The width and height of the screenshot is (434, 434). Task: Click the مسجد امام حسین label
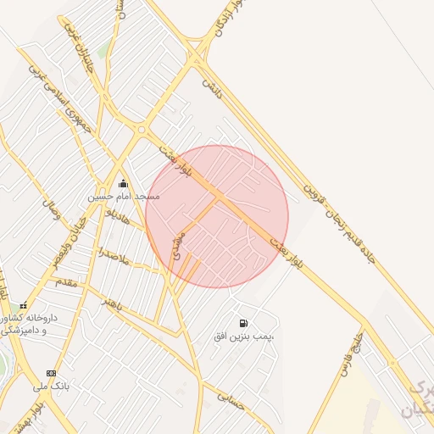[124, 197]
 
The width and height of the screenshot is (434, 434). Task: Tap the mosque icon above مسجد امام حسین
[124, 183]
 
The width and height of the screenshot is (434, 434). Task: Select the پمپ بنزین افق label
[244, 337]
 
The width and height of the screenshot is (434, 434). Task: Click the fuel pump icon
[244, 323]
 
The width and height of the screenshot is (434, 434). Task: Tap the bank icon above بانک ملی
[51, 373]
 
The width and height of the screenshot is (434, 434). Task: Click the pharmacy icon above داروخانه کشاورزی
[23, 306]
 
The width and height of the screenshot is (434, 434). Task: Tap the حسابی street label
[231, 399]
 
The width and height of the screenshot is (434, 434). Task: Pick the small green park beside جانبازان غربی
[103, 52]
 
